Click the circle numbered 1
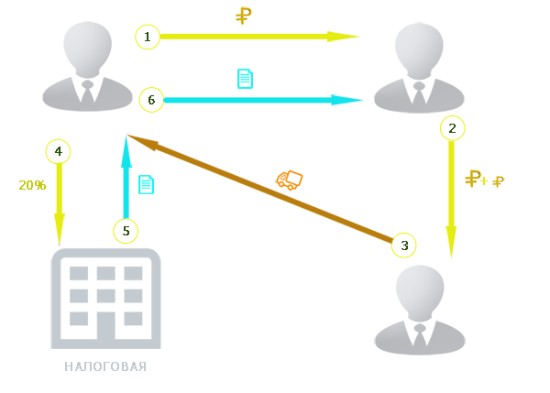tap(147, 38)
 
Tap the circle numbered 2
tap(452, 127)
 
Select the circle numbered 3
tap(403, 245)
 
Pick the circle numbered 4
tap(59, 150)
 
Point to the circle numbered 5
tap(126, 231)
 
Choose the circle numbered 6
tap(152, 99)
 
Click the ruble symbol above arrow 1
tap(244, 15)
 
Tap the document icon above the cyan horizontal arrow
tap(245, 79)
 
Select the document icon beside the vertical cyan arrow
tap(146, 184)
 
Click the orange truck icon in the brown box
tap(290, 180)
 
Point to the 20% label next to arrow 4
tap(31, 185)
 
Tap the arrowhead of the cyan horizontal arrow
tap(357, 99)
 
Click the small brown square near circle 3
tap(358, 230)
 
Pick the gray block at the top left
tap(88, 64)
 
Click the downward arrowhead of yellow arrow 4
tap(60, 227)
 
